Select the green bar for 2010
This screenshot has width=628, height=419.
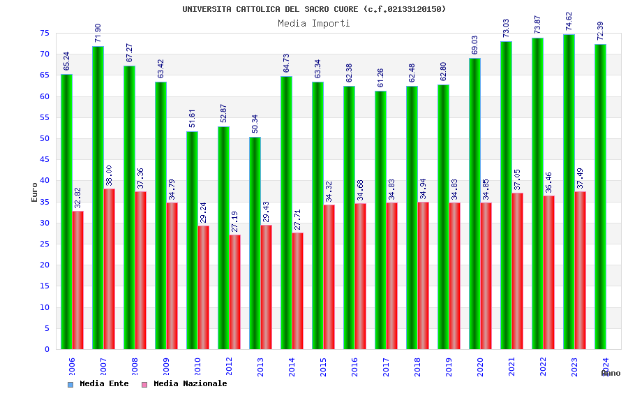coord(192,240)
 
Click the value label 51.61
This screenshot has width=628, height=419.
coord(192,119)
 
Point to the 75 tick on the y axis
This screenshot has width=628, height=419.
coord(44,34)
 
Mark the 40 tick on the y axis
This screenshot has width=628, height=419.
coord(44,181)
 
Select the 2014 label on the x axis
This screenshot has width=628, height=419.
coord(292,367)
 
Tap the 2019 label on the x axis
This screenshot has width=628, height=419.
coord(449,367)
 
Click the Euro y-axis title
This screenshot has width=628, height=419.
coord(35,192)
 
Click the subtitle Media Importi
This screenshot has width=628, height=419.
coord(314,23)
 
